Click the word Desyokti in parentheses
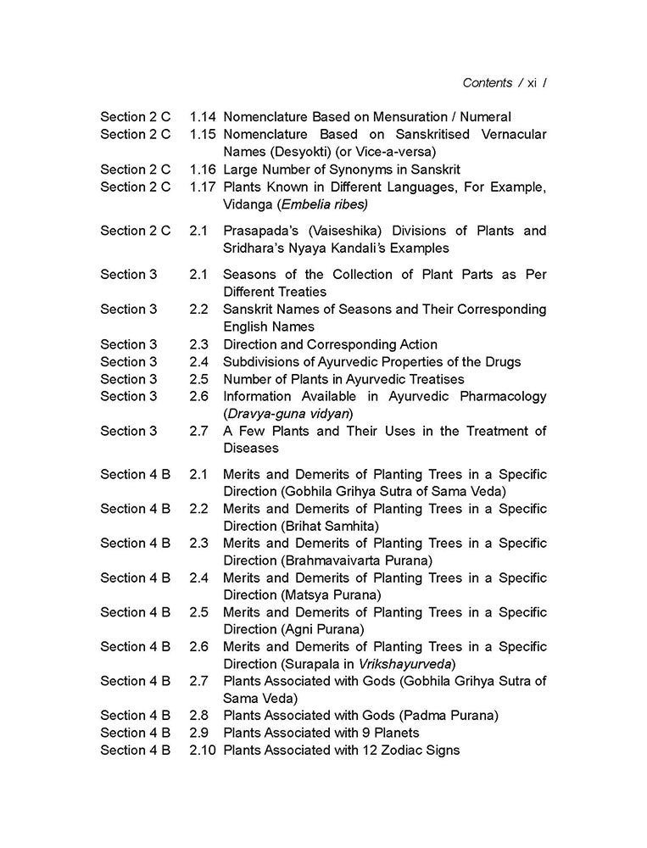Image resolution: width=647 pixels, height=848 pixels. [291, 152]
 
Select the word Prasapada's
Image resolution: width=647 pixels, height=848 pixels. [258, 231]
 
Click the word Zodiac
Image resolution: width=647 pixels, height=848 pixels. [398, 750]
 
